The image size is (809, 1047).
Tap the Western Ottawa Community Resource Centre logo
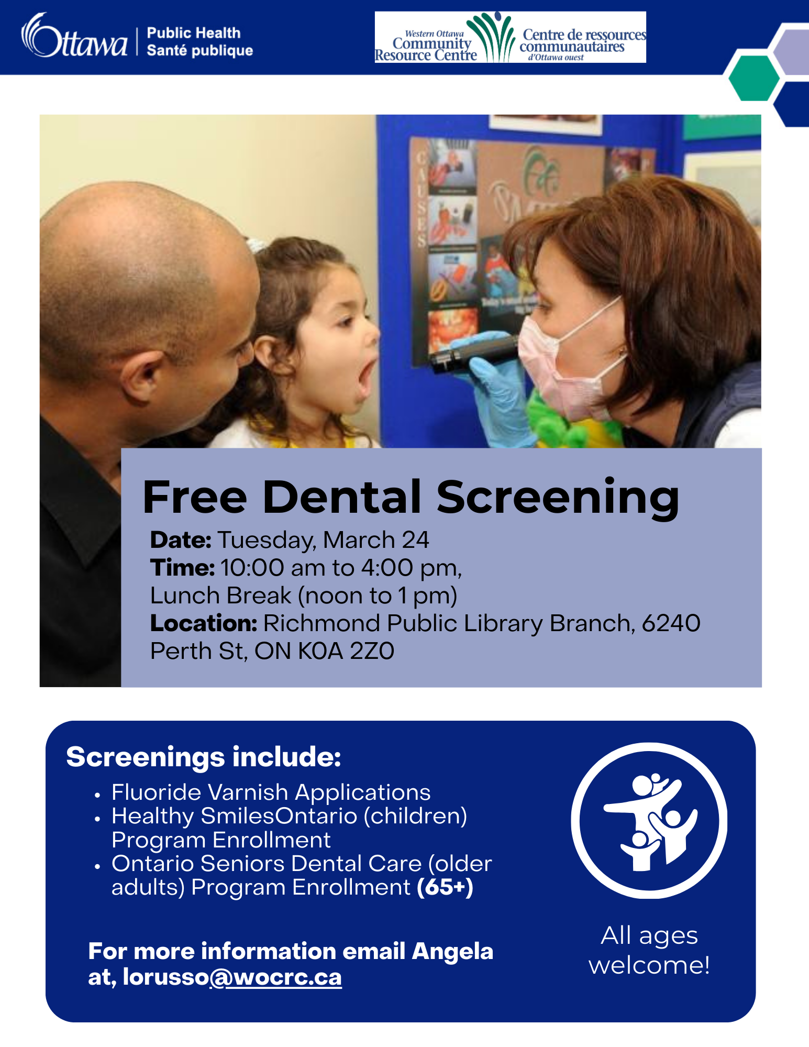(x=510, y=38)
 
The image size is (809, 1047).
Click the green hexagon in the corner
(x=753, y=78)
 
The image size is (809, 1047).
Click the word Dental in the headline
(x=342, y=497)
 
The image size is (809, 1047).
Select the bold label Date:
(x=181, y=540)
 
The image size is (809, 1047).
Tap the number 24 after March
(x=415, y=540)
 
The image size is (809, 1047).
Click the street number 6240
(x=671, y=623)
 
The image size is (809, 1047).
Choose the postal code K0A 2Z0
(x=346, y=651)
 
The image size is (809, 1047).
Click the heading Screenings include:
(x=204, y=757)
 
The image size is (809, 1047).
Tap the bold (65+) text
(x=445, y=887)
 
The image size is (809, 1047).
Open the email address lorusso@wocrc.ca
(x=232, y=977)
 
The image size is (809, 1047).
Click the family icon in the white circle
(x=649, y=821)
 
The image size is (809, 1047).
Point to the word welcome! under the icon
(x=649, y=965)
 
